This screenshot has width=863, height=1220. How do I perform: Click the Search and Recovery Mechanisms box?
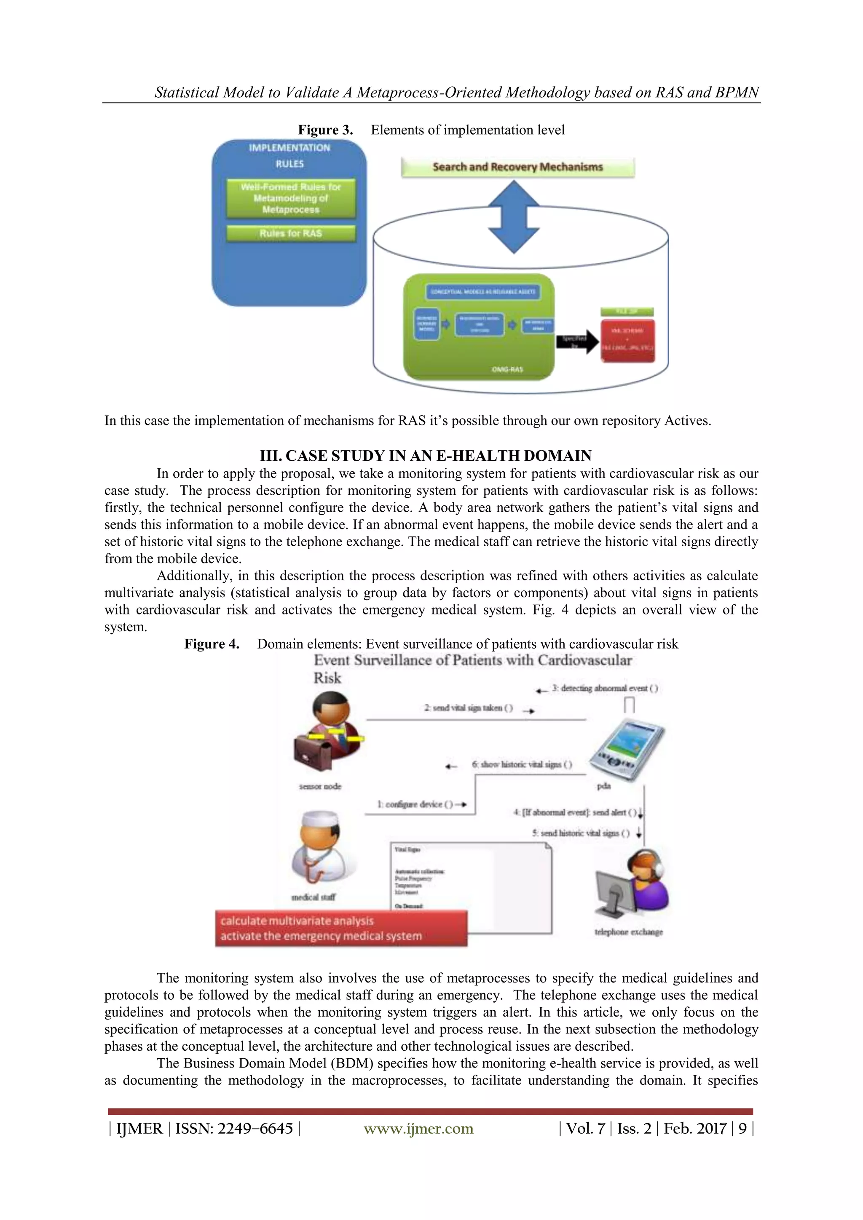pos(517,167)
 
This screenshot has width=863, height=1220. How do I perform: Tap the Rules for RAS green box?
pos(291,233)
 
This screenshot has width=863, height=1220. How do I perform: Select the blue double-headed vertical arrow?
pos(514,217)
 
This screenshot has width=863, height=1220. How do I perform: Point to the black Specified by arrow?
pos(577,342)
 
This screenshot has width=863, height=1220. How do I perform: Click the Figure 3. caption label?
pos(325,130)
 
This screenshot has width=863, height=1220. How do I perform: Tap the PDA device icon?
pos(627,749)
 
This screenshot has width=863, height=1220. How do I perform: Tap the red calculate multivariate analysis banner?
pos(341,928)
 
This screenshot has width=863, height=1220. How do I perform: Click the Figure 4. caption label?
pos(212,644)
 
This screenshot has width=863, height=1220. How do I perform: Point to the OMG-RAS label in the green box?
pos(507,369)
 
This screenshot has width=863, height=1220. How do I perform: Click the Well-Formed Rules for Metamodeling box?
pos(291,198)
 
